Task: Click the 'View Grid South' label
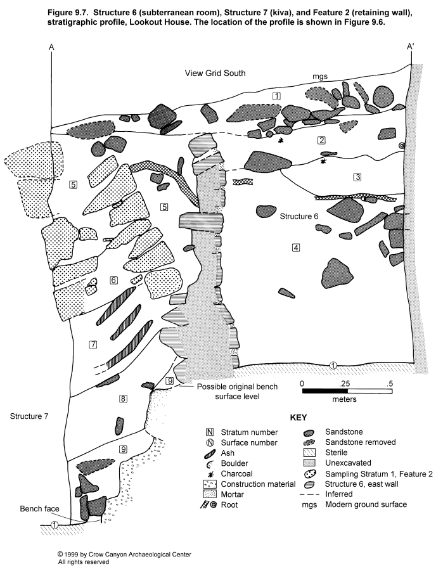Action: (215, 73)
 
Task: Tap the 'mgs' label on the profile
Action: (320, 77)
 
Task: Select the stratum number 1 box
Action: (276, 96)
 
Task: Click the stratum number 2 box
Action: (321, 140)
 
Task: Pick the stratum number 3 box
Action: (357, 177)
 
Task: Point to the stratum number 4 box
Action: (295, 247)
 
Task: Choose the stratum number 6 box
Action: (113, 280)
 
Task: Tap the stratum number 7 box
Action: (93, 345)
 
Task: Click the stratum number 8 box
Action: (123, 399)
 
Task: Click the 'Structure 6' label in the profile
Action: (299, 216)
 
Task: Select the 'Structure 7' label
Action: (29, 416)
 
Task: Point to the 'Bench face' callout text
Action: (39, 509)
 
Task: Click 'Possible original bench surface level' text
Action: (238, 392)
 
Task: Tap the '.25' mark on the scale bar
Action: (345, 383)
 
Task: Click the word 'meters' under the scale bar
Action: (345, 399)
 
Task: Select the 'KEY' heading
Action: (299, 418)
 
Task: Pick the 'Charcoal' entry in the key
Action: (236, 473)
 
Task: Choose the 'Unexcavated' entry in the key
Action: (348, 463)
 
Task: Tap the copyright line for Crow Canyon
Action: (125, 555)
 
